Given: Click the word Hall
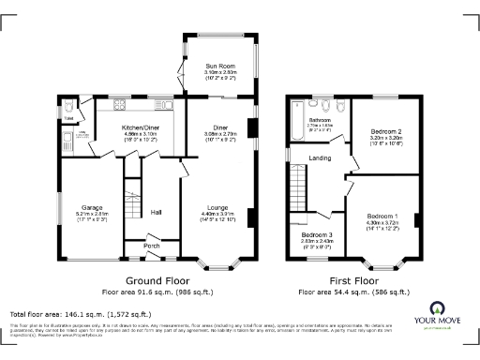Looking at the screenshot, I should (x=157, y=213).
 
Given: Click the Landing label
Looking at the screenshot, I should (x=321, y=158).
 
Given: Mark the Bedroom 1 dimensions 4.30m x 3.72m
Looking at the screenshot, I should (x=382, y=222).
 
